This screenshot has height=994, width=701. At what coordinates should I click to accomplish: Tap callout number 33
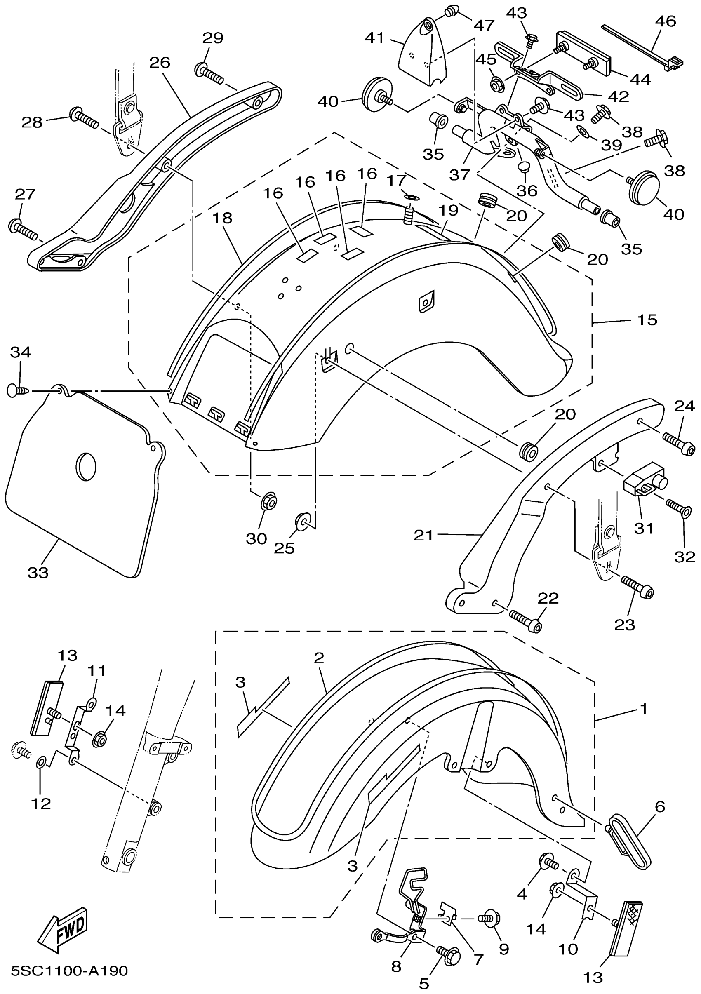tap(38, 573)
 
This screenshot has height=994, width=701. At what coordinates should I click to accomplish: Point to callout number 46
tap(666, 21)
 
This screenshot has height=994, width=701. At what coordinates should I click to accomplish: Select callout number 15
tap(647, 320)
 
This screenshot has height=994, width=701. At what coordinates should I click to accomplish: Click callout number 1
tap(644, 709)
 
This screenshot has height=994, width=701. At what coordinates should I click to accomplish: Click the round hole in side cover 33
tap(86, 467)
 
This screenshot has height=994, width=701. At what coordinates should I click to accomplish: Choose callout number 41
tap(374, 38)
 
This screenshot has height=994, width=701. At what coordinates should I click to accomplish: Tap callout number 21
tap(423, 536)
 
